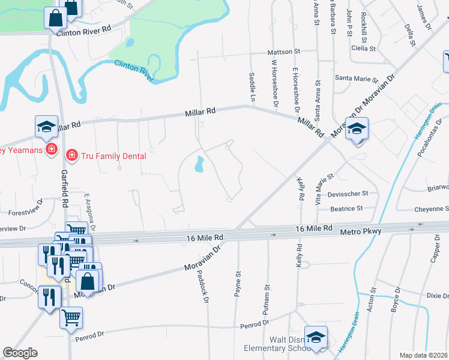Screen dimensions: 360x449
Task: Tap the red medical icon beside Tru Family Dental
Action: point(72,156)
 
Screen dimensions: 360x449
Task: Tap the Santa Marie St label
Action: point(354,78)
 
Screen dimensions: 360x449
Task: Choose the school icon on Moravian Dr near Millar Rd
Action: point(357,129)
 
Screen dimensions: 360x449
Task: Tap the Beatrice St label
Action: point(347,209)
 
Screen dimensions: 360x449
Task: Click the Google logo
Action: point(20,353)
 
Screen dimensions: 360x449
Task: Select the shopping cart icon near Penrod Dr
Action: point(71,316)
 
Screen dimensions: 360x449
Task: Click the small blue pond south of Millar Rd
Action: point(199,163)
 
